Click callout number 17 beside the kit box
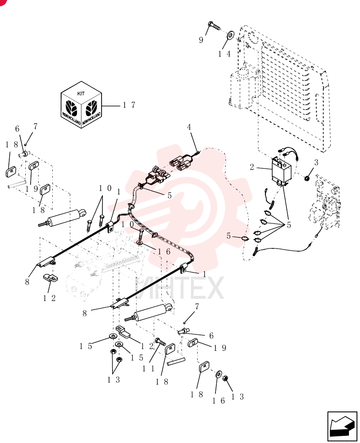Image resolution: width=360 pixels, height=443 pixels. pyautogui.click(x=129, y=105)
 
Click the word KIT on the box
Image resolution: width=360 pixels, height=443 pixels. pyautogui.click(x=81, y=93)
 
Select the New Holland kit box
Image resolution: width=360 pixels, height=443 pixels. pyautogui.click(x=82, y=105)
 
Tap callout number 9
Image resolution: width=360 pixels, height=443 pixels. pyautogui.click(x=201, y=40)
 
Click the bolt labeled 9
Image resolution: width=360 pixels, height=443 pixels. pyautogui.click(x=214, y=26)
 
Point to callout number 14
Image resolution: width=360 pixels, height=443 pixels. pyautogui.click(x=224, y=54)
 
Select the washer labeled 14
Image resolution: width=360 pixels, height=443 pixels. pyautogui.click(x=230, y=36)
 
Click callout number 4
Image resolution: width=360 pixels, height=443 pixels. pyautogui.click(x=189, y=127)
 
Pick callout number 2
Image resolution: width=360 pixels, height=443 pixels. pyautogui.click(x=252, y=167)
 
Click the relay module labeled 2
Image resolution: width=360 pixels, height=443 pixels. pyautogui.click(x=281, y=171)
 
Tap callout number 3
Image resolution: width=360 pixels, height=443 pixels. pyautogui.click(x=316, y=163)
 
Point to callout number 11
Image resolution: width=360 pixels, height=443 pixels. pyautogui.click(x=148, y=369)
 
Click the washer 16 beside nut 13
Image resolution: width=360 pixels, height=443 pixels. pyautogui.click(x=219, y=374)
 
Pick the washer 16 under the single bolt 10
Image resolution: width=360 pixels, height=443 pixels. pyautogui.click(x=140, y=242)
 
